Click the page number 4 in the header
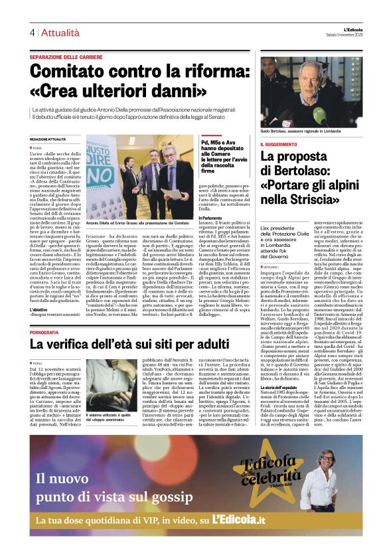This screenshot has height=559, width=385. (31, 32)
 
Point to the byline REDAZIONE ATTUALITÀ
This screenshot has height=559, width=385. (48, 138)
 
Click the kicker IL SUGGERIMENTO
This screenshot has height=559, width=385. (279, 144)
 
